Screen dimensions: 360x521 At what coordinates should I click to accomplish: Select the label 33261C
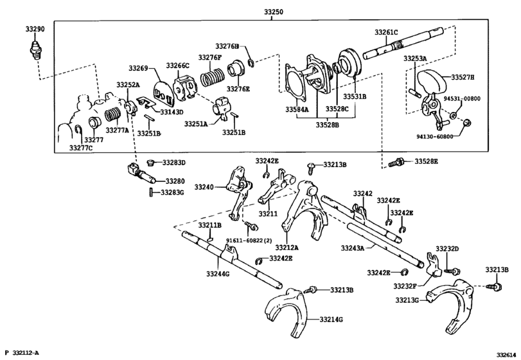pyautogui.click(x=387, y=32)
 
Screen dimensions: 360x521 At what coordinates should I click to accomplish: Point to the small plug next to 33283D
pyautogui.click(x=152, y=162)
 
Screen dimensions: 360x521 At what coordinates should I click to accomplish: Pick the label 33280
pyautogui.click(x=175, y=181)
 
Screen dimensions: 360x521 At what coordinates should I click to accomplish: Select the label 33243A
pyautogui.click(x=352, y=247)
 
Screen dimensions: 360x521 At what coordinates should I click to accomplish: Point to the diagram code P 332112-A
pyautogui.click(x=22, y=353)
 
